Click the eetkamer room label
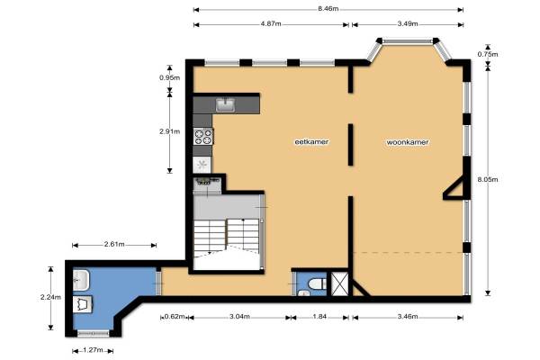click(311, 141)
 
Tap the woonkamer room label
click(408, 142)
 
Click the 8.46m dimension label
click(328, 9)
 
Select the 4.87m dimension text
click(271, 23)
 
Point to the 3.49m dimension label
click(408, 23)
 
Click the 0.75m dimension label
click(488, 54)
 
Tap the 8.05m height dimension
click(488, 179)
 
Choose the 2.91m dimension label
click(170, 131)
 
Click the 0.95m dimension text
click(170, 77)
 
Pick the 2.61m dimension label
click(114, 244)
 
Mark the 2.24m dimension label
click(50, 297)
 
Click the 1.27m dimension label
click(93, 350)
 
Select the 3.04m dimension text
click(239, 317)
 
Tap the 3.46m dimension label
click(408, 317)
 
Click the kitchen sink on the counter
click(225, 104)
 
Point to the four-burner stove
click(203, 137)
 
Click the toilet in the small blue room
click(317, 283)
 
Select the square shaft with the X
click(339, 283)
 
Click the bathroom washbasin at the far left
click(81, 280)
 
